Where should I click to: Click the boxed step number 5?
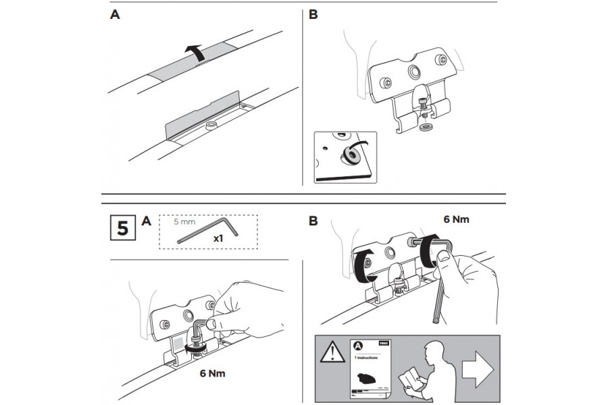coord(122,227)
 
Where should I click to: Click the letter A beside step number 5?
coord(147,221)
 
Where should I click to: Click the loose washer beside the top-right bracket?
coord(426,126)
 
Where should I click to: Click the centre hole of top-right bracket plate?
coord(412,72)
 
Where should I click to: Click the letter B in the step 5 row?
coord(313,221)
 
